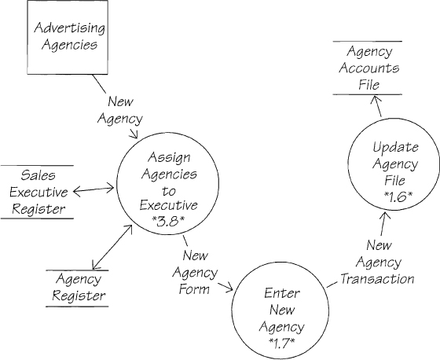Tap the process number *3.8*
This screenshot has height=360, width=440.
point(168,222)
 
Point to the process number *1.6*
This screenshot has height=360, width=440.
point(398,197)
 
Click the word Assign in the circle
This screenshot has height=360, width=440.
point(169,158)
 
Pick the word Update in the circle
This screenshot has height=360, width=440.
point(395,147)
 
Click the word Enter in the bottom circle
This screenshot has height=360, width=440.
point(282,293)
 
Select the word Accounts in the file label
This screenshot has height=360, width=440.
point(369,68)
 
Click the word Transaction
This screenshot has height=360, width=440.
point(377,279)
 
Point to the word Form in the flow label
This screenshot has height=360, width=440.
point(194,289)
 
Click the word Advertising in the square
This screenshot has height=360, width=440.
point(70,28)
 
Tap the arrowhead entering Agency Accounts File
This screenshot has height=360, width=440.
point(376,99)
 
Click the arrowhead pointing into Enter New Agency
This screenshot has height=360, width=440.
point(229,288)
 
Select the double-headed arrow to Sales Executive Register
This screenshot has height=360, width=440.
point(93,189)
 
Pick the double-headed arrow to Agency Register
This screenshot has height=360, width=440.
point(112,247)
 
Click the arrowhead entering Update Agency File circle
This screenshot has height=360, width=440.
point(384,216)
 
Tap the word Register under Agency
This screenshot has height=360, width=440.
point(79,296)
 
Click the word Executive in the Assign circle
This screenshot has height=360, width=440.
point(169,205)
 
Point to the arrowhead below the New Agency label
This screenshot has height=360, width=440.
point(135,134)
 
